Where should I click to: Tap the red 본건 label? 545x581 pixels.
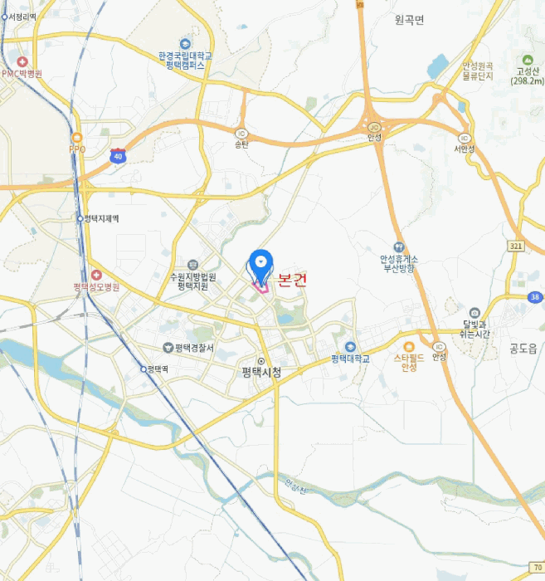pyautogui.click(x=292, y=281)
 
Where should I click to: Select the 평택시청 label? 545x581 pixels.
pyautogui.click(x=261, y=372)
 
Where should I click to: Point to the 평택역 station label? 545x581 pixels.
pyautogui.click(x=157, y=369)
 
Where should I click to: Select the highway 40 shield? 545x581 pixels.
pyautogui.click(x=118, y=155)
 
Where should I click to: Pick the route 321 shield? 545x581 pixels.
pyautogui.click(x=516, y=247)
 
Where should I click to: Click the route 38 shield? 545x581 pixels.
pyautogui.click(x=536, y=297)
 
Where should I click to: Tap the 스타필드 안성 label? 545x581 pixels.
pyautogui.click(x=408, y=362)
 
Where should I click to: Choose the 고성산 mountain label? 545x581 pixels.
pyautogui.click(x=526, y=76)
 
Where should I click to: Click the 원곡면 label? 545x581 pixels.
pyautogui.click(x=410, y=20)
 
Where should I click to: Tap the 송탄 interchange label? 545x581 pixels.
pyautogui.click(x=241, y=144)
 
